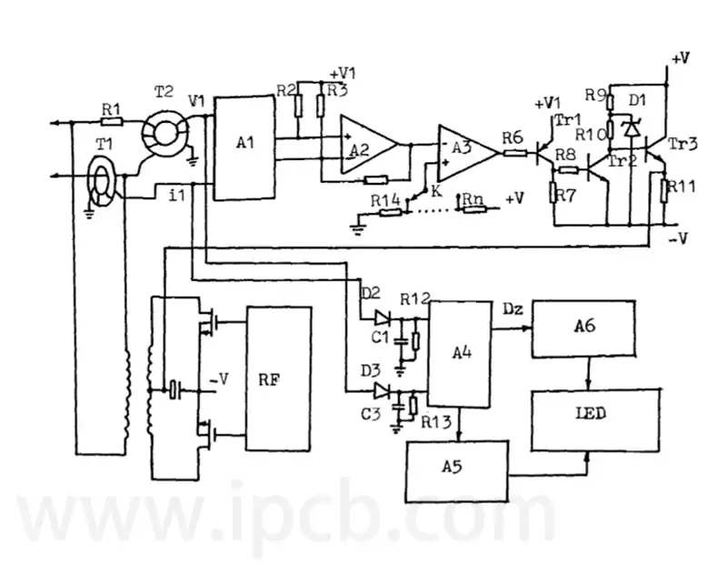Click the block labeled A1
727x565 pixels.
244,147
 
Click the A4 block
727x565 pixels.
460,354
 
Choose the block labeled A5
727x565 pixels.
457,470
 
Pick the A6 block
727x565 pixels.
583,328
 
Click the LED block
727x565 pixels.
595,420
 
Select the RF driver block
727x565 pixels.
278,378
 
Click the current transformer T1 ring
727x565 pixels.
102,186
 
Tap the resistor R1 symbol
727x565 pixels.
112,122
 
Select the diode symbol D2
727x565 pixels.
383,318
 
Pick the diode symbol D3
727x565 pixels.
382,391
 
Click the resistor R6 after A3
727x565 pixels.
515,152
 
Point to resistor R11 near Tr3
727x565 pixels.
664,191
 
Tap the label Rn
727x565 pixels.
473,198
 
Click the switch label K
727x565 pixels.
436,191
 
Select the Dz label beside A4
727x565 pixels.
513,309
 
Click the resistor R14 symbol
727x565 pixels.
391,213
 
